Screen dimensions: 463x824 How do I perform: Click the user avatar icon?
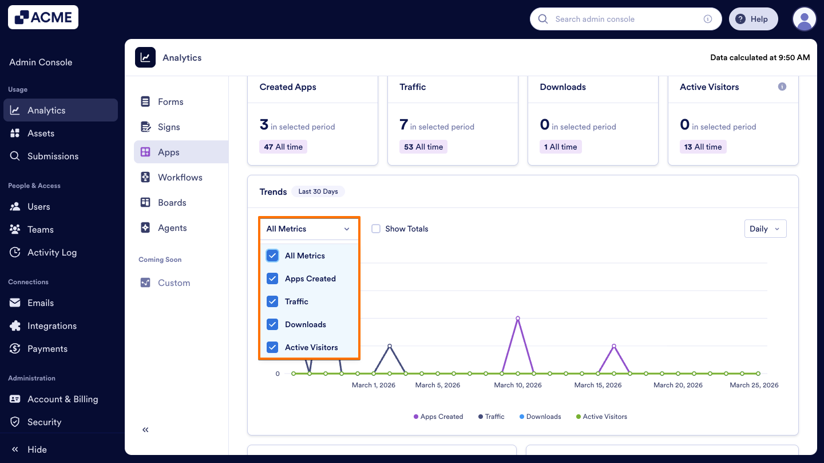[804, 19]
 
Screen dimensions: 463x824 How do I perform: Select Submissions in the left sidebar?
[53, 156]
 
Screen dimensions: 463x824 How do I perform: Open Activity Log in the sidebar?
[51, 252]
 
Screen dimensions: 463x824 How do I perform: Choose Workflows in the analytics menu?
[180, 177]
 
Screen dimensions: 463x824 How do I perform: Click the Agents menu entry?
[172, 227]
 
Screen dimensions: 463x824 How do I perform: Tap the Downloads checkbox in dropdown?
[272, 324]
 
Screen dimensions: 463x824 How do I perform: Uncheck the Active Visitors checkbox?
[272, 347]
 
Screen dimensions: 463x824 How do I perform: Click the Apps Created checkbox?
[272, 278]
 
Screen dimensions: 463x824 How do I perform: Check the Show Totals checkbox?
[376, 229]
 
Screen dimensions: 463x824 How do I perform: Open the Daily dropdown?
[764, 229]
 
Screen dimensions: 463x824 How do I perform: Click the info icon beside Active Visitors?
[782, 87]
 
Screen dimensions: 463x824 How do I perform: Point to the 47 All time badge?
[283, 147]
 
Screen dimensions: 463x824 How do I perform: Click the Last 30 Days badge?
[318, 191]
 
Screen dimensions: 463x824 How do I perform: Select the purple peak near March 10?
[517, 318]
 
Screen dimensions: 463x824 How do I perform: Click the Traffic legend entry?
[491, 417]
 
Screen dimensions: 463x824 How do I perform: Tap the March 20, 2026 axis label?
[678, 385]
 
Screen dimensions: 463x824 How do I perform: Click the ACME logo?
[43, 17]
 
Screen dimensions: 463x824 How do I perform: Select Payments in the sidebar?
[47, 348]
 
